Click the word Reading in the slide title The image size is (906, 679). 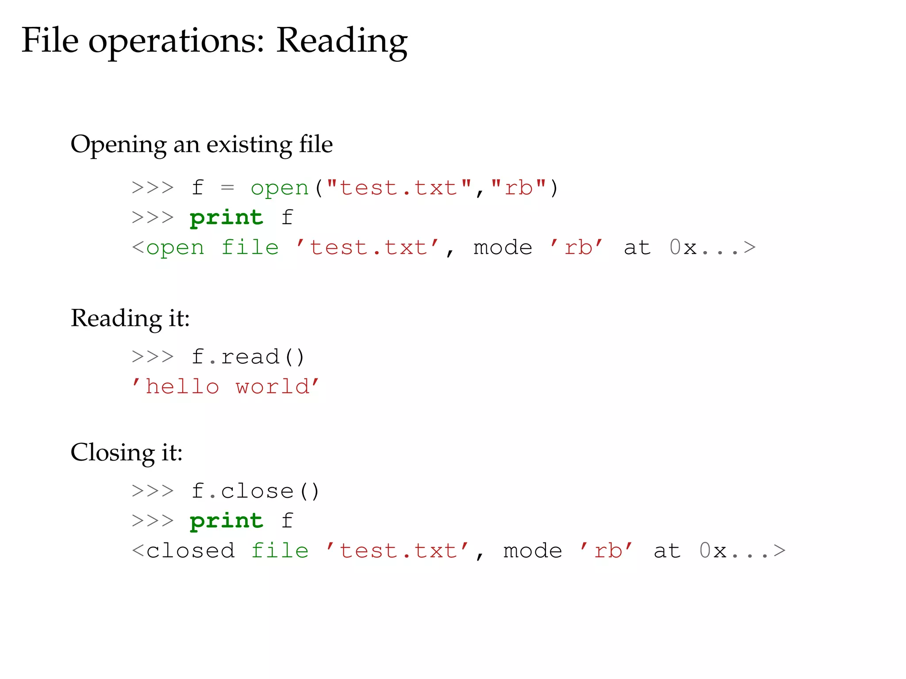[x=342, y=41]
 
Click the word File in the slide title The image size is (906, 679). [x=50, y=40]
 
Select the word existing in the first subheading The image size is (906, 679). [x=249, y=144]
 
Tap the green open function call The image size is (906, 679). [x=280, y=188]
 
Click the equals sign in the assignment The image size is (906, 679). [x=227, y=188]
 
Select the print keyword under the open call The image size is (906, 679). [x=226, y=217]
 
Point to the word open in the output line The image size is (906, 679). [x=175, y=248]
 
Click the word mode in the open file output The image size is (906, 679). [x=503, y=248]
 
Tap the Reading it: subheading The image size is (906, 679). [x=131, y=318]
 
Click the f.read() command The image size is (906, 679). [x=249, y=357]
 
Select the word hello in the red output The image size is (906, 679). [x=182, y=387]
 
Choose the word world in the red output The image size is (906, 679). [x=273, y=387]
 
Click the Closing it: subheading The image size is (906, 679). [x=127, y=453]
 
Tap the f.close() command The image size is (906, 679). [x=256, y=491]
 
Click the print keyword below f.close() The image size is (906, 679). [x=226, y=521]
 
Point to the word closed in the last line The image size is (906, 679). [x=190, y=551]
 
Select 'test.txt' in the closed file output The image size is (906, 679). [x=398, y=551]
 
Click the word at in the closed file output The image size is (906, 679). [x=667, y=551]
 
